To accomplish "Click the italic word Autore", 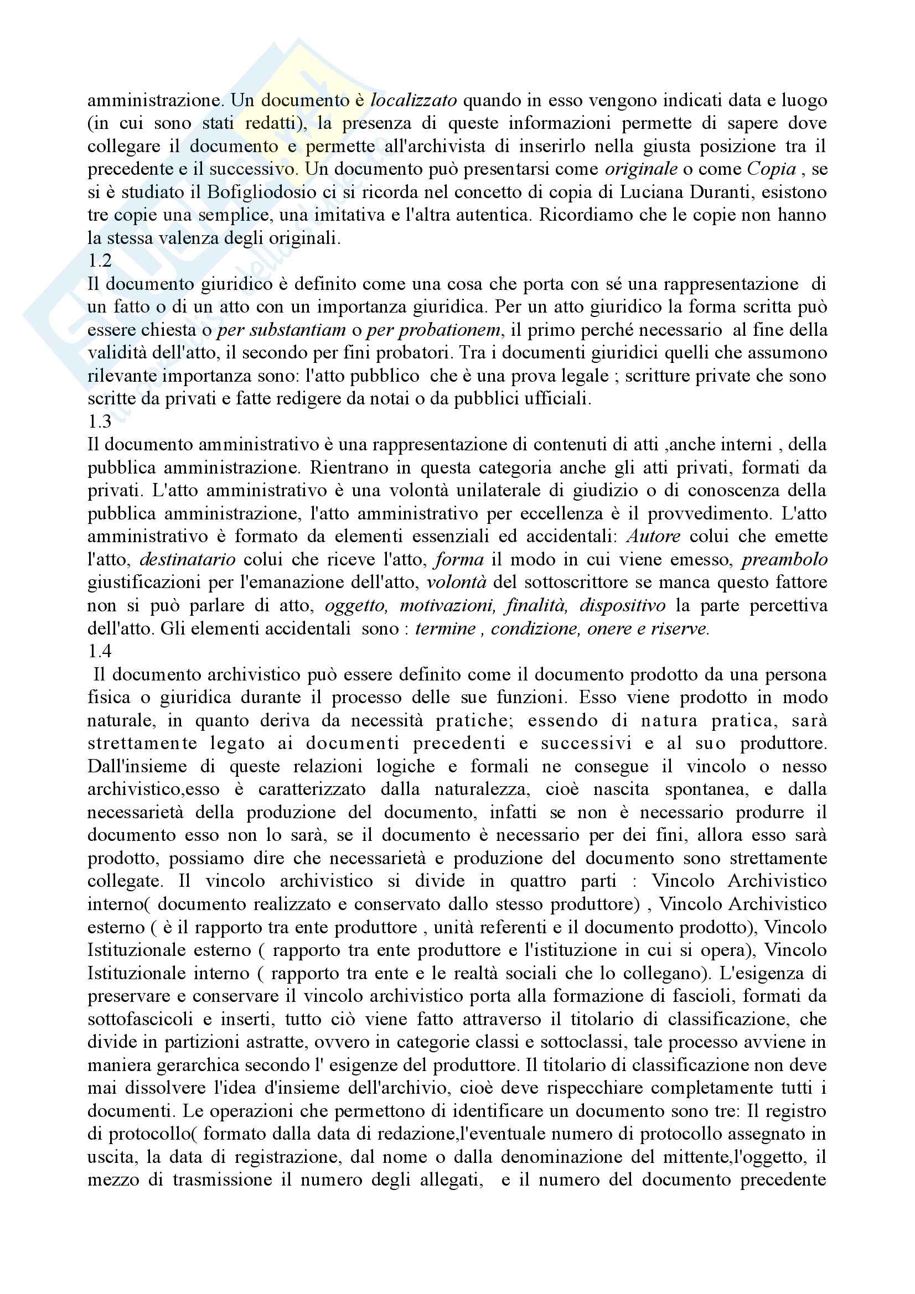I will pyautogui.click(x=653, y=537).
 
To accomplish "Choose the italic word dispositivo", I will pyautogui.click(x=622, y=605).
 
